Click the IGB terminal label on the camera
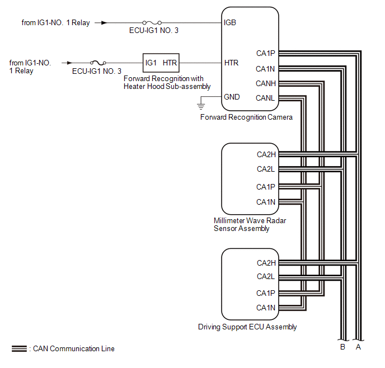pyautogui.click(x=230, y=22)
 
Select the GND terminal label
pyautogui.click(x=232, y=97)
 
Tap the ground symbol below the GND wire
pyautogui.click(x=201, y=106)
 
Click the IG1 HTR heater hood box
pyautogui.click(x=161, y=63)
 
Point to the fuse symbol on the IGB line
pyautogui.click(x=152, y=23)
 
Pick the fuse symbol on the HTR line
pyautogui.click(x=98, y=63)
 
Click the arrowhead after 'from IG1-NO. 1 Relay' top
pyautogui.click(x=104, y=23)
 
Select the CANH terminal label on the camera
pyautogui.click(x=266, y=84)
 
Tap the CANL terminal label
pyautogui.click(x=265, y=98)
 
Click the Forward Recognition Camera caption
pyautogui.click(x=246, y=117)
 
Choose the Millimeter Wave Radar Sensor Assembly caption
pyautogui.click(x=250, y=224)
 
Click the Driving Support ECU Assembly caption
pyautogui.click(x=247, y=327)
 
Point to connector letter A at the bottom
pyautogui.click(x=358, y=347)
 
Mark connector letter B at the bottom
pyautogui.click(x=343, y=347)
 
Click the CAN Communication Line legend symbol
pyautogui.click(x=19, y=348)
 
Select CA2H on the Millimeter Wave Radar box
pyautogui.click(x=266, y=154)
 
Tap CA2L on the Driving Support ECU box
pyautogui.click(x=266, y=276)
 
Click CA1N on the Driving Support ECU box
pyautogui.click(x=266, y=308)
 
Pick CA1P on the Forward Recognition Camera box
pyautogui.click(x=266, y=53)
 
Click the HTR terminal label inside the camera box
pyautogui.click(x=231, y=63)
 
